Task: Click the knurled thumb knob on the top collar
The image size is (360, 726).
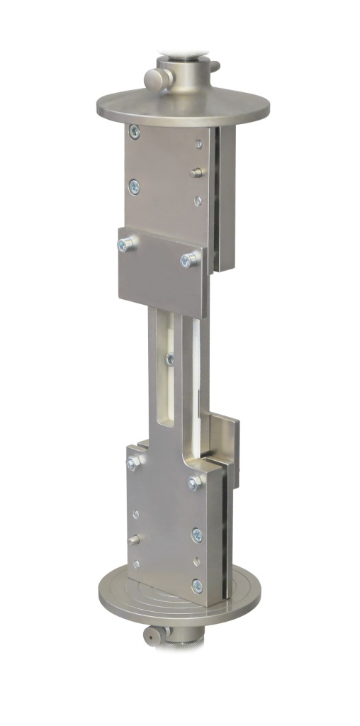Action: pos(154,77)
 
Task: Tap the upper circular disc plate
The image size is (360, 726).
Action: pos(182,107)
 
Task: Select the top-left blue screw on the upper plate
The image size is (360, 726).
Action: pos(134,131)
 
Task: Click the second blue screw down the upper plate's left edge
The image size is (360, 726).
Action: pos(133,186)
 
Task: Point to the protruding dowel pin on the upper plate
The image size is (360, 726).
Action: pos(198,172)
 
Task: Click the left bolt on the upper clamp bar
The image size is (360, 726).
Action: pos(126,245)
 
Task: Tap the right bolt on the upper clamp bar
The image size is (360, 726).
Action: pos(189,260)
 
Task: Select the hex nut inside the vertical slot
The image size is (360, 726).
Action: pos(169,360)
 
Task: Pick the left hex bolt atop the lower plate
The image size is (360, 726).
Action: pos(133,464)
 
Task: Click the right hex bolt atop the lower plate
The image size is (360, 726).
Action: pos(193,484)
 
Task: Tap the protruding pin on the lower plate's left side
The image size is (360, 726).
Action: pos(134,540)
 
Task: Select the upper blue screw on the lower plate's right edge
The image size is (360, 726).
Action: pos(197,535)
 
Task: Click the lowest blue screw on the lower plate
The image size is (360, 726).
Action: pos(196,586)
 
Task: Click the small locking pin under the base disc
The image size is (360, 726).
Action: pos(151,636)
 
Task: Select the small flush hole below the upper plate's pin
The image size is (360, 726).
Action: pos(198,201)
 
